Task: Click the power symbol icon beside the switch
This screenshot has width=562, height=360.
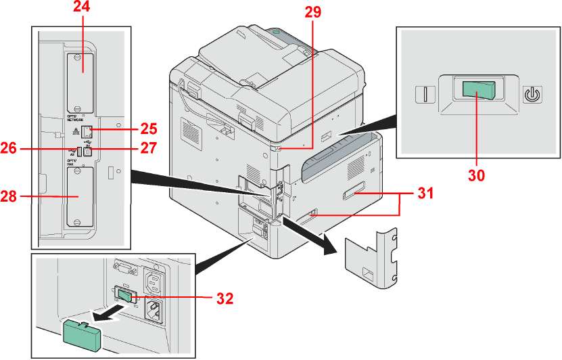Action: click(532, 92)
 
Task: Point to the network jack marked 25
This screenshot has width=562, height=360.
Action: click(87, 133)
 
